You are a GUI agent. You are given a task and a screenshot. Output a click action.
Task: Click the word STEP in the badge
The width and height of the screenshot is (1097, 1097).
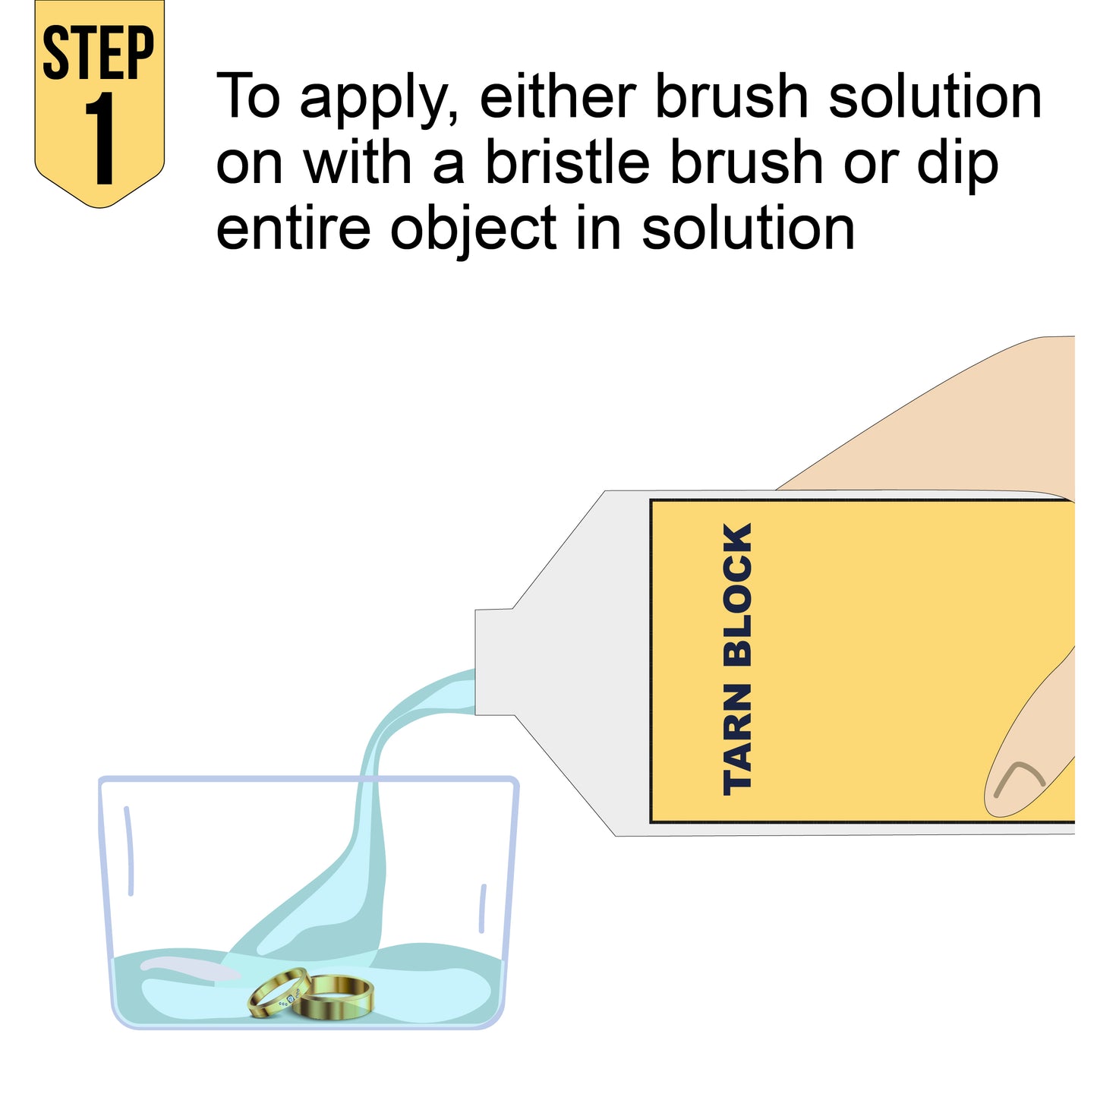tap(99, 52)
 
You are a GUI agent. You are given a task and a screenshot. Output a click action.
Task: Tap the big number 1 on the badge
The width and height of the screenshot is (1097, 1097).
tap(99, 138)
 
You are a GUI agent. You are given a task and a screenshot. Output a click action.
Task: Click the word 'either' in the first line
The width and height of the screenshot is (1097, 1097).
tap(558, 95)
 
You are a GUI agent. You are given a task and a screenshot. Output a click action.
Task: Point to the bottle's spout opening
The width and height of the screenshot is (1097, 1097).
tap(477, 661)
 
